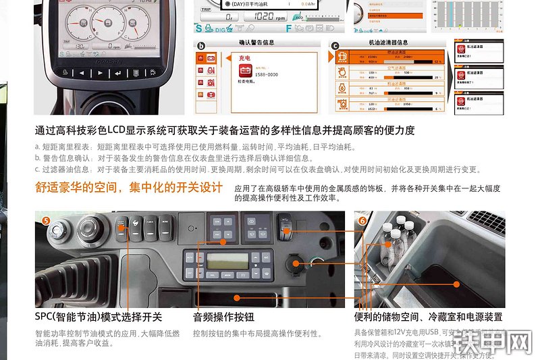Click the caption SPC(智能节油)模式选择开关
[x=99, y=317]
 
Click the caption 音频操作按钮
[x=223, y=317]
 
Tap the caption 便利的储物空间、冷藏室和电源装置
[x=428, y=317]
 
